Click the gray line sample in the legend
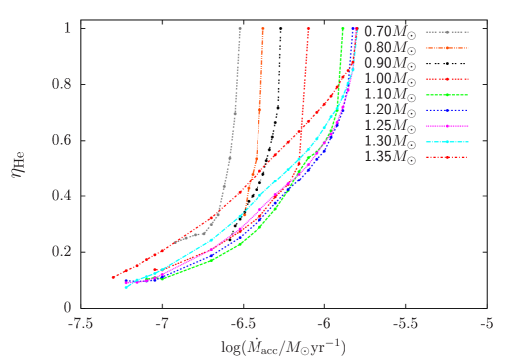coord(447,32)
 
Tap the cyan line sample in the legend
coord(447,142)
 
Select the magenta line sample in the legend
coord(447,126)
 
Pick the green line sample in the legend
coord(447,95)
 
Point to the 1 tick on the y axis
coord(67,28)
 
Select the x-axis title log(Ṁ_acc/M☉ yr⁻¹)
coord(282,347)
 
